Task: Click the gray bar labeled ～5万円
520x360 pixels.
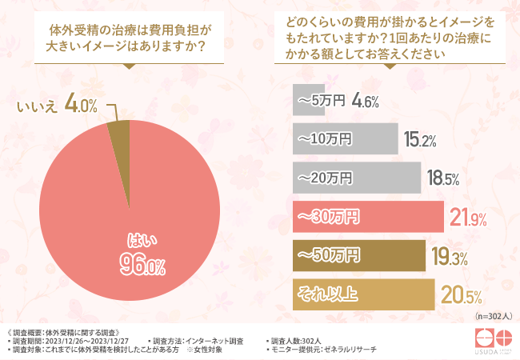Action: tap(310, 101)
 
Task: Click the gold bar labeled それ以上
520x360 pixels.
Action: tap(363, 294)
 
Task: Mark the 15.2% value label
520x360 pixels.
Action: tap(420, 140)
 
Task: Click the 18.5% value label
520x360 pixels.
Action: tap(442, 178)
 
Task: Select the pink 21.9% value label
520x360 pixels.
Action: tap(470, 218)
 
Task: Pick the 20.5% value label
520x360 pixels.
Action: tap(458, 295)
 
